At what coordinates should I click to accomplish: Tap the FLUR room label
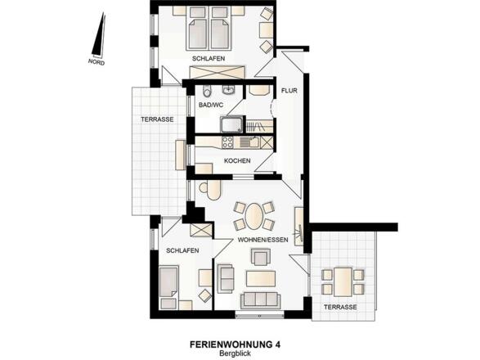pyautogui.click(x=289, y=91)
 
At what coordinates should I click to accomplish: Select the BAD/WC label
pyautogui.click(x=211, y=105)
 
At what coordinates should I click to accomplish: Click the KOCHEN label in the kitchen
pyautogui.click(x=237, y=160)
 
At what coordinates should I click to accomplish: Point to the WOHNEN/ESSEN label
pyautogui.click(x=263, y=240)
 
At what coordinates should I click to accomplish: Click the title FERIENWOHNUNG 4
pyautogui.click(x=236, y=344)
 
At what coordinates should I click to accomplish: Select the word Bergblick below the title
pyautogui.click(x=235, y=353)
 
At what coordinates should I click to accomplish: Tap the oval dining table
pyautogui.click(x=253, y=216)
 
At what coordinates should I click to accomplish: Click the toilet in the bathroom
pyautogui.click(x=207, y=91)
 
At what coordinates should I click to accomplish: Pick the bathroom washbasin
pyautogui.click(x=228, y=90)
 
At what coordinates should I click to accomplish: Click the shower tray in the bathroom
pyautogui.click(x=232, y=124)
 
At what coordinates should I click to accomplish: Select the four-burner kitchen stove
pyautogui.click(x=227, y=142)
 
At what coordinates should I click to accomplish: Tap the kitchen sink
pyautogui.click(x=249, y=142)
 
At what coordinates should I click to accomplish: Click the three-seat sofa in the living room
pyautogui.click(x=261, y=300)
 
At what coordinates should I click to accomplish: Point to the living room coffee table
pyautogui.click(x=261, y=279)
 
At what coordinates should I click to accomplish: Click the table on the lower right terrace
pyautogui.click(x=343, y=282)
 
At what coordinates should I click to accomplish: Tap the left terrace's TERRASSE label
pyautogui.click(x=157, y=119)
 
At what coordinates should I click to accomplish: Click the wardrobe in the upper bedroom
pyautogui.click(x=218, y=72)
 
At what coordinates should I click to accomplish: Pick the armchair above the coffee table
pyautogui.click(x=261, y=257)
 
